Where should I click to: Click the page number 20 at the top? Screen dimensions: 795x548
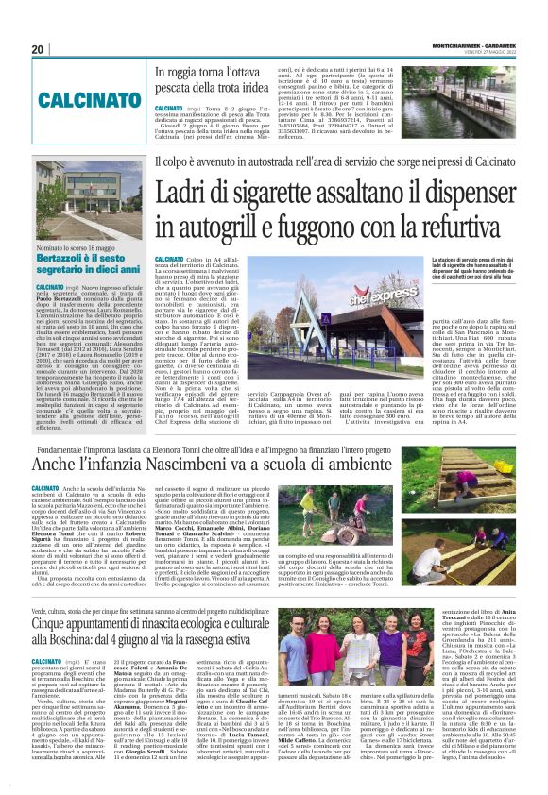pyautogui.click(x=38, y=49)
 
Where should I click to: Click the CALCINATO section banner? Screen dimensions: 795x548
pyautogui.click(x=85, y=98)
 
